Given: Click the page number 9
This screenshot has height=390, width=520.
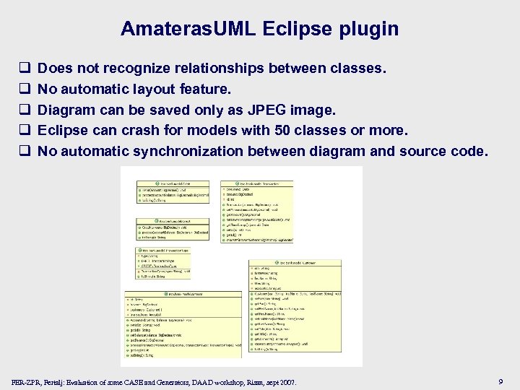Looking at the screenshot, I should (x=500, y=381).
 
